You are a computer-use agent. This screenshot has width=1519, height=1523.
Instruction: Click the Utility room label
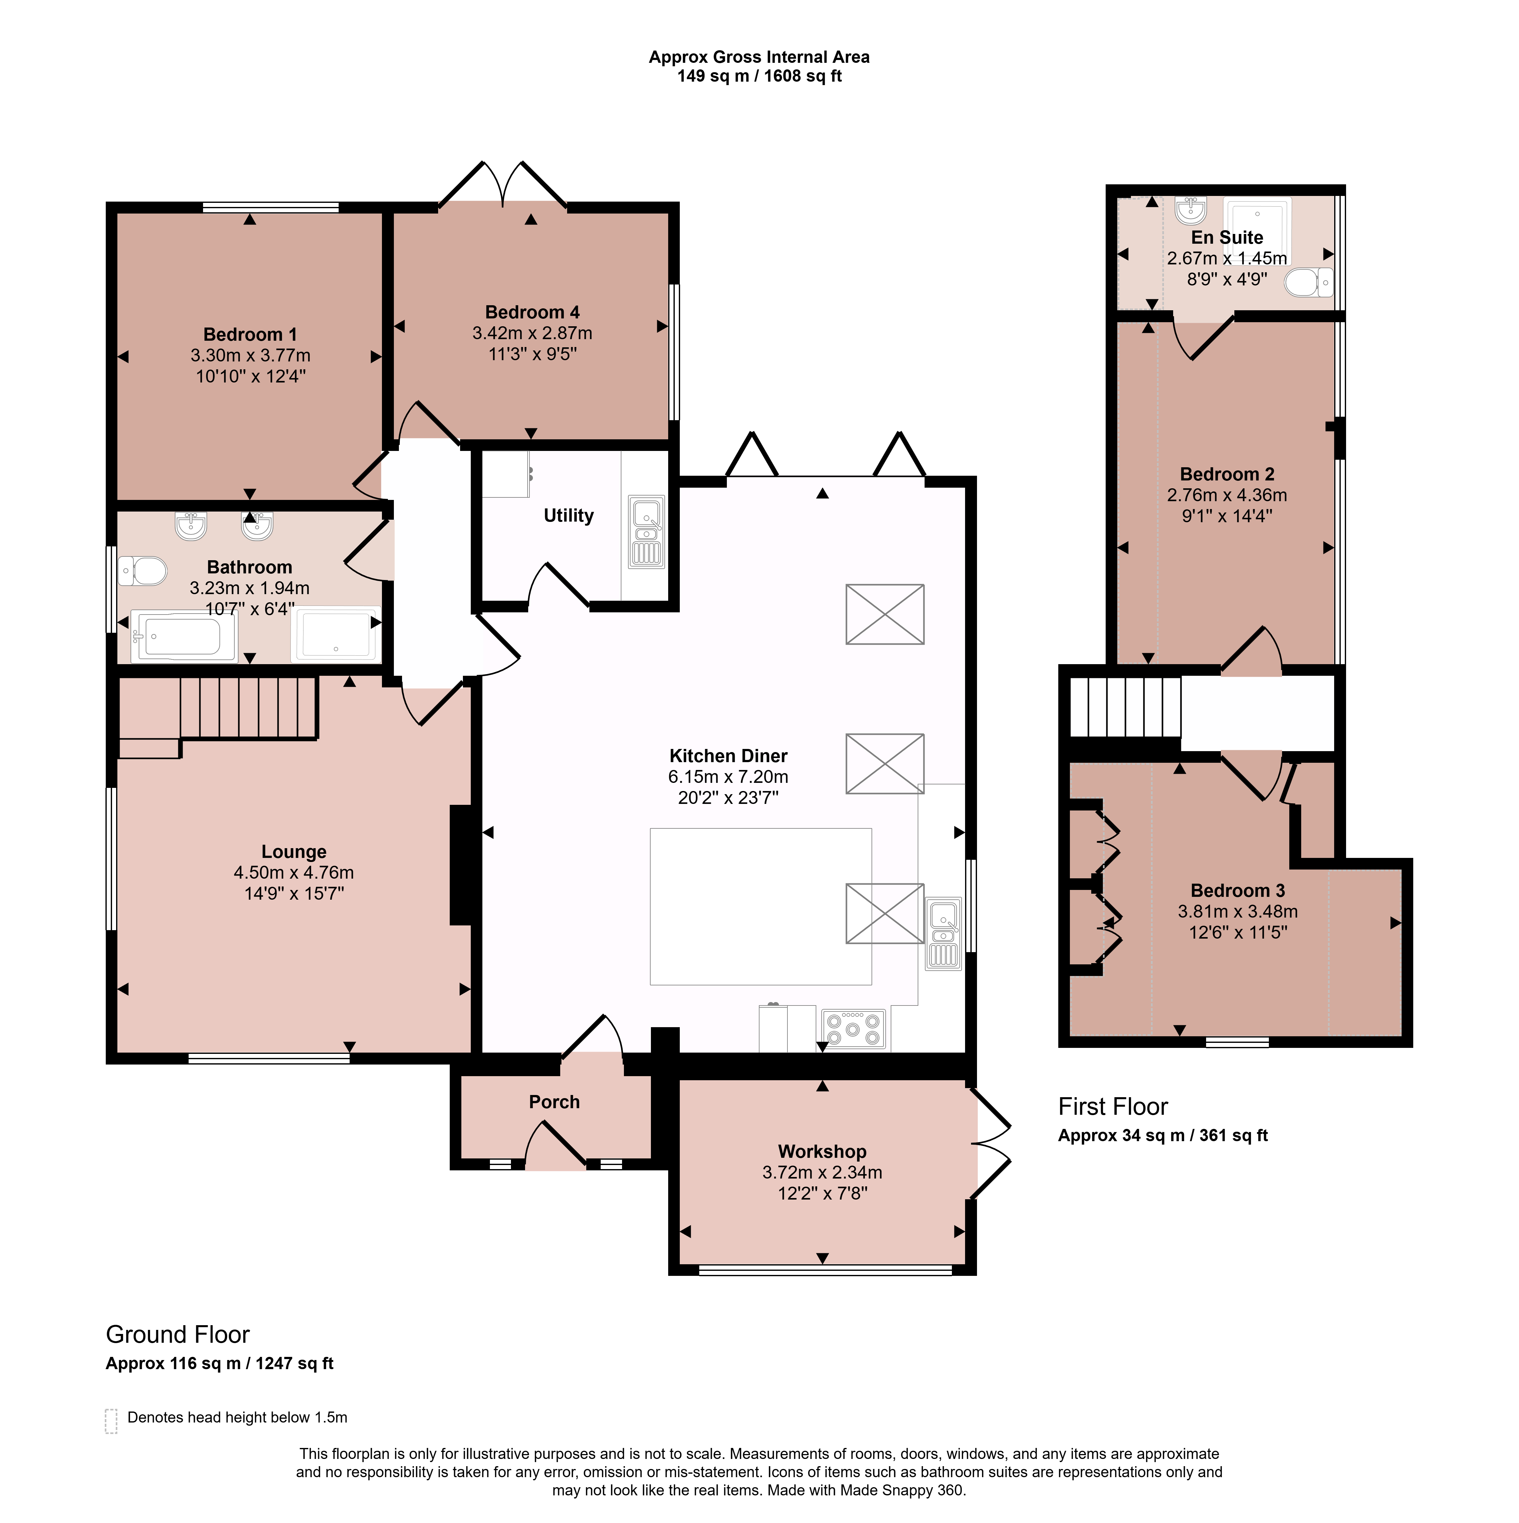click(569, 516)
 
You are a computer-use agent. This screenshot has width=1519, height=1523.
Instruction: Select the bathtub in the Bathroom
click(184, 635)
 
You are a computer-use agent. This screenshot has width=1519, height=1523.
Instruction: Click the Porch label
click(555, 1102)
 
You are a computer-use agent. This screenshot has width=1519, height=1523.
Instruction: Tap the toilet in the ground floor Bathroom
click(142, 571)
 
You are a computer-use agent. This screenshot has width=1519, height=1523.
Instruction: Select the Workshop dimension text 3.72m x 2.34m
click(823, 1172)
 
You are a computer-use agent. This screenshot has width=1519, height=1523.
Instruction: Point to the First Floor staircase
click(1125, 707)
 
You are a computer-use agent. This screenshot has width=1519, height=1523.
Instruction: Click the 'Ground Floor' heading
click(178, 1335)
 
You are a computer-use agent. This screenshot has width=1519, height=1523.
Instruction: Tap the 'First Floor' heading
click(1113, 1107)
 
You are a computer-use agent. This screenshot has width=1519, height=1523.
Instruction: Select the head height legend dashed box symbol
click(111, 1421)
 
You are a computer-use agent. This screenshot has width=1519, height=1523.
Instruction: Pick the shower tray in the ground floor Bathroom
click(335, 634)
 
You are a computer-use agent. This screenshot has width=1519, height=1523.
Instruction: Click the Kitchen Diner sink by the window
click(943, 934)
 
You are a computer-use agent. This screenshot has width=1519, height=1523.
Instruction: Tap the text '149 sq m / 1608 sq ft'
click(759, 77)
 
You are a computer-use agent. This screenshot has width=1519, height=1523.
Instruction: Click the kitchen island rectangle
click(761, 907)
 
